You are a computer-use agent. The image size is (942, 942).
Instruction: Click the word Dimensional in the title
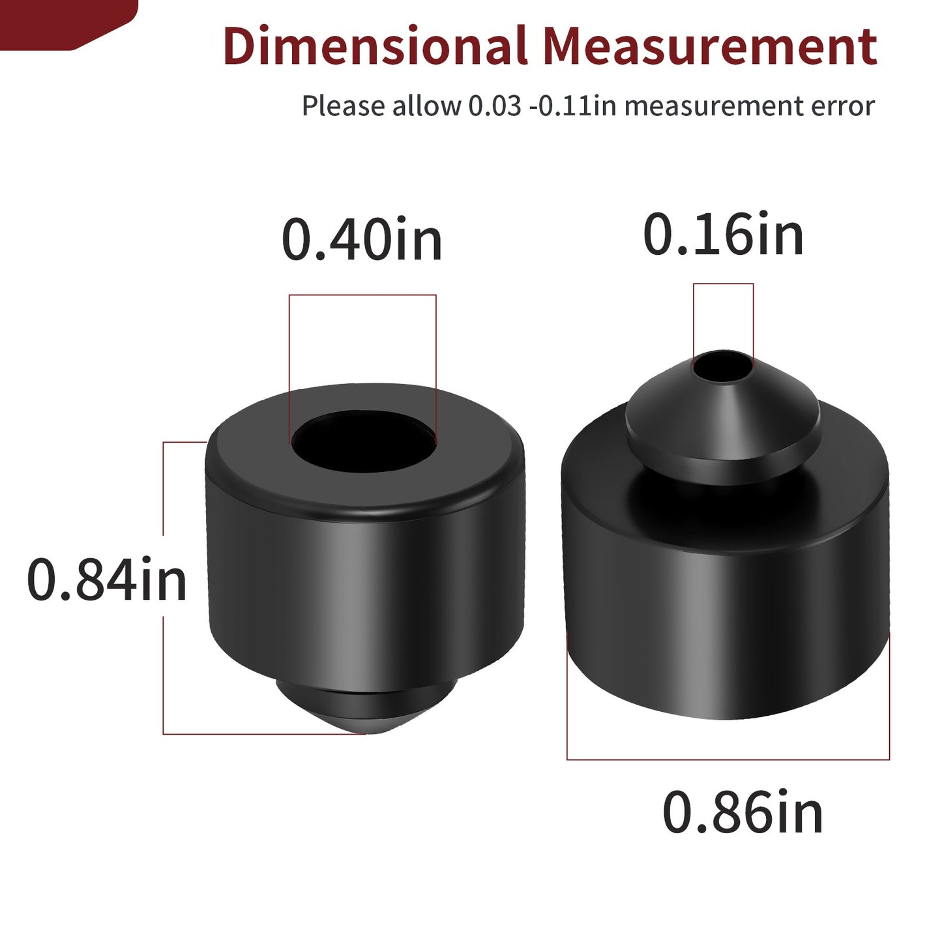[x=375, y=46]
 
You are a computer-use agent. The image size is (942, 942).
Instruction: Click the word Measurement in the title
[x=710, y=46]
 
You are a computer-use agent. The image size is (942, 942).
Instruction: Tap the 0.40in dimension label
[x=362, y=239]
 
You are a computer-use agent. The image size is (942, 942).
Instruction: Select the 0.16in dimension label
[x=724, y=235]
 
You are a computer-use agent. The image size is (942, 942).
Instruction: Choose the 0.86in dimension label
[x=743, y=812]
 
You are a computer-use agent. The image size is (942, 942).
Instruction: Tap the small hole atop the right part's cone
[x=724, y=365]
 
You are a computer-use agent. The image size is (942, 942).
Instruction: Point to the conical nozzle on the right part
[x=724, y=415]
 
